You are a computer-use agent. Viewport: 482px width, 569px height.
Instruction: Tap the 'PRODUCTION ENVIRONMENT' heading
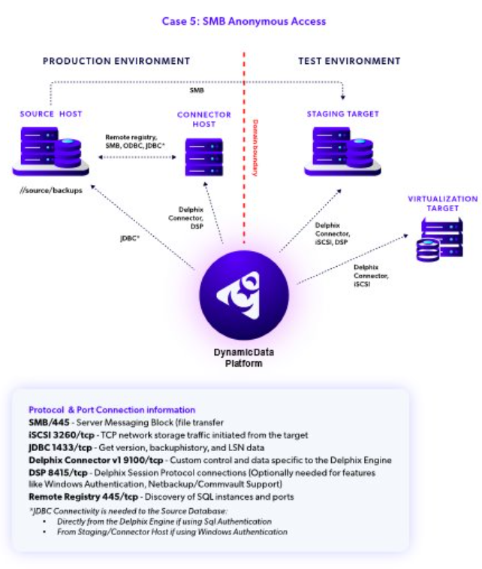pyautogui.click(x=116, y=61)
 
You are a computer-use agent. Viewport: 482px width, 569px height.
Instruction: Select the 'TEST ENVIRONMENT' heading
pyautogui.click(x=349, y=61)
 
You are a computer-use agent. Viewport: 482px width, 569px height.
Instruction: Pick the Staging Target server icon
pyautogui.click(x=342, y=150)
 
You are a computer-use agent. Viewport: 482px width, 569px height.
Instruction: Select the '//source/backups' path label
pyautogui.click(x=52, y=190)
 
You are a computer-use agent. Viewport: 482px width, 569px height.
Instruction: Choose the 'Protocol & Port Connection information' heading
pyautogui.click(x=112, y=410)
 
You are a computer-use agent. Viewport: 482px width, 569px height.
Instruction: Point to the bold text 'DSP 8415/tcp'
pyautogui.click(x=59, y=472)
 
